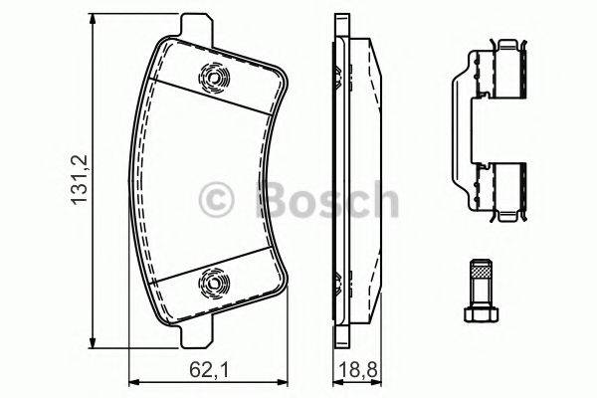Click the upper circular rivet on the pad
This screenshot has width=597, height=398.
213,77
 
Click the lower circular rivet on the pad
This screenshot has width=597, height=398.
213,285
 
